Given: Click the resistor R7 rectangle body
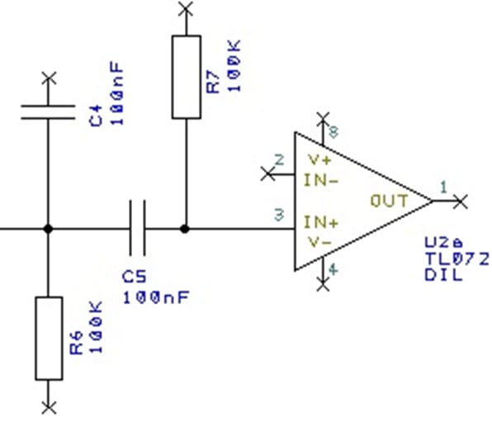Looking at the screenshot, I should pos(186,76).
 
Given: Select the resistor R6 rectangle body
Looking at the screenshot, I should pos(48,337).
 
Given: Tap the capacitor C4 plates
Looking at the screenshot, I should pos(48,112).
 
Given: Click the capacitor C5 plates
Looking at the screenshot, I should pos(138,227).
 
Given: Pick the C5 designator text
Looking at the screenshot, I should pos(134,276).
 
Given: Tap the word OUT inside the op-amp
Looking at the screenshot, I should pos(389,200).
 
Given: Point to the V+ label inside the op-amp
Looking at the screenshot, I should pos(319,159).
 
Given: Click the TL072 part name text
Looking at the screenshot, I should pos(456,259).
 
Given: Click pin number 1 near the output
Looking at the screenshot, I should pos(442,188).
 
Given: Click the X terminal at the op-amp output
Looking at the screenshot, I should pos(461,200).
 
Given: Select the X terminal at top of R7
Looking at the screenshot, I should pos(186,8).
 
